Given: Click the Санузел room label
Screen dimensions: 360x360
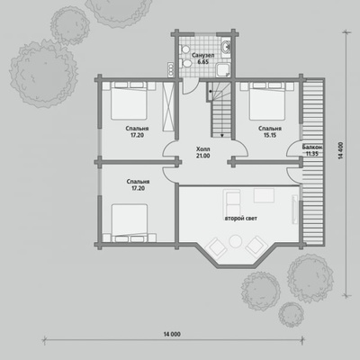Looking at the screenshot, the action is tap(202, 56).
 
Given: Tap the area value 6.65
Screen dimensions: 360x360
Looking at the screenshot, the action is tap(202, 62).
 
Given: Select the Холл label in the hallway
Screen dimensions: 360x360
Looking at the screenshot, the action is tap(203, 149).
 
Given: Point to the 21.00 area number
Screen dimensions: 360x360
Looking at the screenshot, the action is tap(203, 156).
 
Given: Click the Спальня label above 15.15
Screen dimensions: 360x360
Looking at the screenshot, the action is tap(270, 129).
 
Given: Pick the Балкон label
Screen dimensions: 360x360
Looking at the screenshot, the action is tap(312, 147).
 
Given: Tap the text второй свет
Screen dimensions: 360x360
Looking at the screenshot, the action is tap(241, 219).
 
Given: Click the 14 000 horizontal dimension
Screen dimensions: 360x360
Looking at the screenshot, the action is tap(172, 334).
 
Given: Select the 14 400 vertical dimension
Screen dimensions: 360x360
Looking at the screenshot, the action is tap(341, 150).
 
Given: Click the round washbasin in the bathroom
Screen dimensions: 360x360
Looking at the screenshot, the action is tap(226, 47).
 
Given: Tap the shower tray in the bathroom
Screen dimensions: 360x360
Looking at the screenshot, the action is tap(223, 71).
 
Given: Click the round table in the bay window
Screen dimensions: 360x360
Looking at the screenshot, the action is tap(236, 241).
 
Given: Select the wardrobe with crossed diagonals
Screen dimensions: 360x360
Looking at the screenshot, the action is tap(168, 106).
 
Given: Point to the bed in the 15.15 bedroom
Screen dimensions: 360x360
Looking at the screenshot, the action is tap(267, 101).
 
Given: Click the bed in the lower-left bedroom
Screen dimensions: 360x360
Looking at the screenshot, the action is tap(130, 223).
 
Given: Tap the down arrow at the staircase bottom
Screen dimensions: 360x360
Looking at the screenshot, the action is tap(222, 135).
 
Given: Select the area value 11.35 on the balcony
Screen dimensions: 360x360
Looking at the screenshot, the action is tap(312, 154).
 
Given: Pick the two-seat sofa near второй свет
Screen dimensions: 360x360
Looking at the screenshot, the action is tap(232, 203).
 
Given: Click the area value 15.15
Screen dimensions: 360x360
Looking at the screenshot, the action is tap(270, 135).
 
